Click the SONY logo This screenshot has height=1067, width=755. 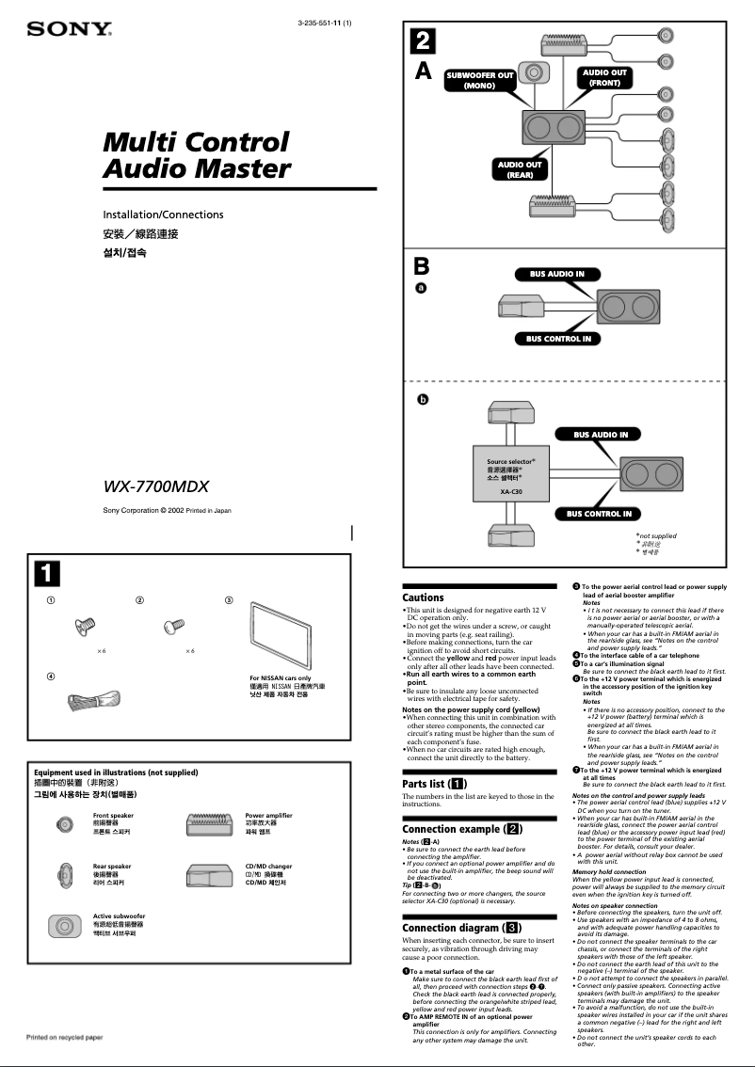pyautogui.click(x=69, y=29)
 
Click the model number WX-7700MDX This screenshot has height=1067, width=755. pyautogui.click(x=155, y=486)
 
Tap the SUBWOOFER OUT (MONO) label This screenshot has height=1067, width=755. pyautogui.click(x=479, y=80)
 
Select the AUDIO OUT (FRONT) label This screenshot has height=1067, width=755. pyautogui.click(x=604, y=77)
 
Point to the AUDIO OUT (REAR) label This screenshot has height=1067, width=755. pyautogui.click(x=520, y=169)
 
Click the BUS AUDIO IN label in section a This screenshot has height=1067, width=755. pyautogui.click(x=556, y=275)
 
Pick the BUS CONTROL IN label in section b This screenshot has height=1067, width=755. pyautogui.click(x=598, y=514)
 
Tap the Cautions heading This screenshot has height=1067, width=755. pyautogui.click(x=423, y=597)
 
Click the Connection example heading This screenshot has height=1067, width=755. pyautogui.click(x=461, y=829)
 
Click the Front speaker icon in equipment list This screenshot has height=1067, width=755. pyautogui.click(x=64, y=824)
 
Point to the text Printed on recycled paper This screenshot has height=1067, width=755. pyautogui.click(x=64, y=1037)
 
